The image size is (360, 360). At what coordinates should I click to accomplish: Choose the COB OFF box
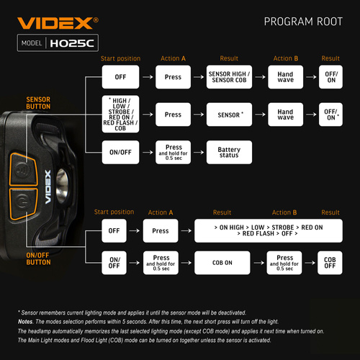click(330, 262)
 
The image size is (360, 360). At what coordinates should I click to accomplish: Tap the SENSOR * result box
click(229, 114)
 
